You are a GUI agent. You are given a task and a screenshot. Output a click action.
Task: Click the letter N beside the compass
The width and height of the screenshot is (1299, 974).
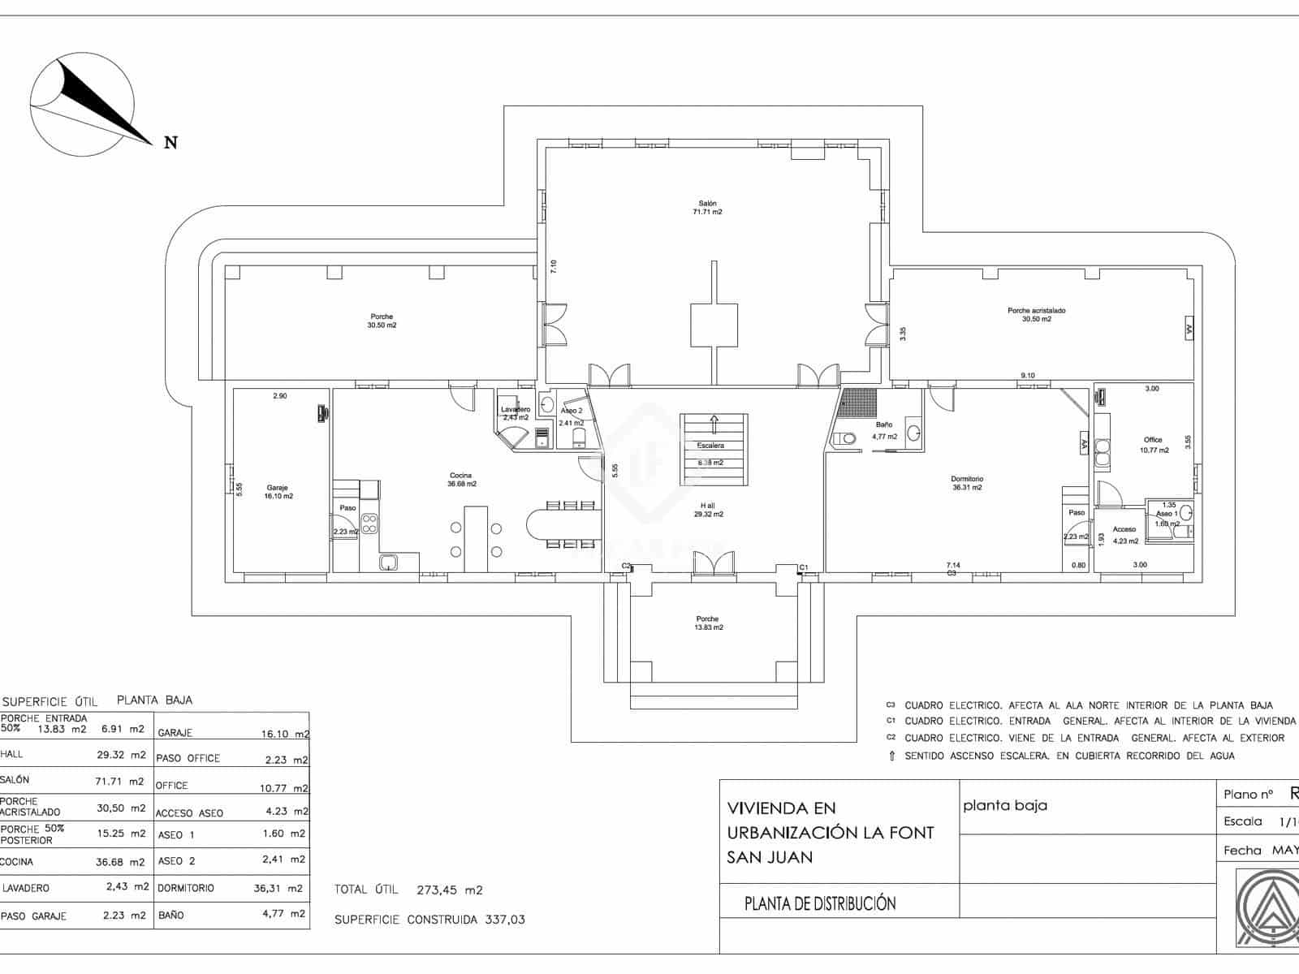click(170, 143)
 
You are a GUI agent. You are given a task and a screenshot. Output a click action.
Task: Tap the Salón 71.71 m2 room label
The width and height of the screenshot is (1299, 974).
click(707, 208)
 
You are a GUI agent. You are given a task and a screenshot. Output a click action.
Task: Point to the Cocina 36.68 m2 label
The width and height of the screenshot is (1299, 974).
click(461, 480)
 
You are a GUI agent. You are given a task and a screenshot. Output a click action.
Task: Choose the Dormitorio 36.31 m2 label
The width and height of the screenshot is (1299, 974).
click(967, 483)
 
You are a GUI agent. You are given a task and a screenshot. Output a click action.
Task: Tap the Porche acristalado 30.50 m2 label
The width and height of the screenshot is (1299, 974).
click(1036, 315)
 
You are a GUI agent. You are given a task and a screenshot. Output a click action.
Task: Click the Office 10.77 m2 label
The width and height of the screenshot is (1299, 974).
click(1154, 445)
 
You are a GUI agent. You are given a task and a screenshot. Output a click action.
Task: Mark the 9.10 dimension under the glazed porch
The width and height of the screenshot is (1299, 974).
click(1028, 375)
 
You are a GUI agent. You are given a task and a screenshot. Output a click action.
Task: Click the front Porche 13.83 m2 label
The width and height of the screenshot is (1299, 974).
click(707, 623)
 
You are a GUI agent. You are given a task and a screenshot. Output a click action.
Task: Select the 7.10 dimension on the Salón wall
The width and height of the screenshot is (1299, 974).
click(554, 265)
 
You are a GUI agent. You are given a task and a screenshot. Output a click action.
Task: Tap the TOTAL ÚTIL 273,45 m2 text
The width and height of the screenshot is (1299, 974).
click(408, 890)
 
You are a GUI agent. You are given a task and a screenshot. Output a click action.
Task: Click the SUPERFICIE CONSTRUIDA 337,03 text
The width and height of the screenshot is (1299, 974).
click(429, 920)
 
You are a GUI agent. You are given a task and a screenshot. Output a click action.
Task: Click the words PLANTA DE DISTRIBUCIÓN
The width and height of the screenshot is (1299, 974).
click(820, 904)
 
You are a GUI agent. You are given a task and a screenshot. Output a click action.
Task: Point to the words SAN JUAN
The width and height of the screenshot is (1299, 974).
click(769, 857)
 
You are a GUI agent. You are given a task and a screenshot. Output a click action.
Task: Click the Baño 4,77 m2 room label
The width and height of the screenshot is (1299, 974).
click(884, 430)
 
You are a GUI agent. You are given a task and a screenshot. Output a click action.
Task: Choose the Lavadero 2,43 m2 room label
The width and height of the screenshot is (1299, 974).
click(516, 413)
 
